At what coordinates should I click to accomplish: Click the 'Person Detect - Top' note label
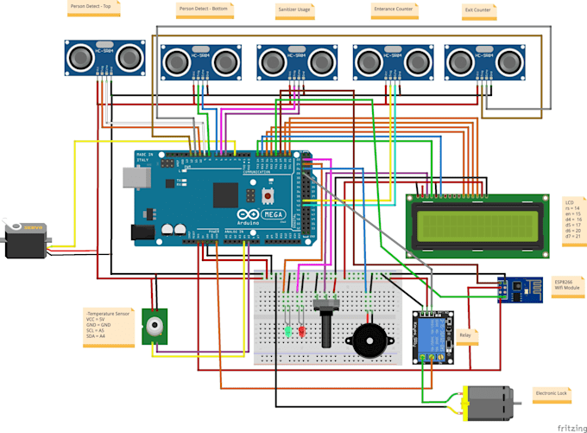(x=94, y=8)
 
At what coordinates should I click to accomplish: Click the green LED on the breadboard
(x=285, y=329)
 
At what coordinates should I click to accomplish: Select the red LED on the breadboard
(x=301, y=330)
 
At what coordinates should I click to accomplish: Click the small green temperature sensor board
(x=155, y=327)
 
